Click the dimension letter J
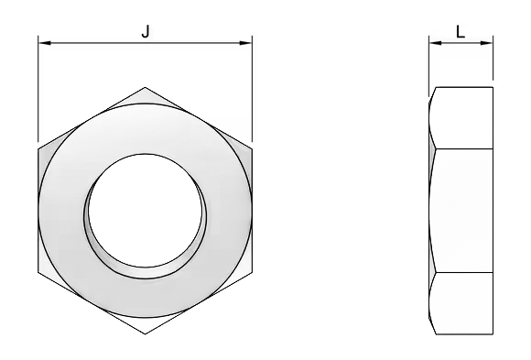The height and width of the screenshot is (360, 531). [146, 31]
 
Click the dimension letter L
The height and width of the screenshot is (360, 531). [461, 33]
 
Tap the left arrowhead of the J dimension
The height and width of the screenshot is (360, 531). [45, 43]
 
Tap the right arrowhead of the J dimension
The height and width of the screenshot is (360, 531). [245, 43]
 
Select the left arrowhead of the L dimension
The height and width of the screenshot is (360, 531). [436, 43]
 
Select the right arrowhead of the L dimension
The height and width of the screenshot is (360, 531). [487, 43]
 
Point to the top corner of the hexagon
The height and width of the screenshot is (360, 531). [145, 87]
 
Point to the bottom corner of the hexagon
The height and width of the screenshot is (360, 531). [145, 334]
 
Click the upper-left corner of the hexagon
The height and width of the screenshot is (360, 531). [38, 148]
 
